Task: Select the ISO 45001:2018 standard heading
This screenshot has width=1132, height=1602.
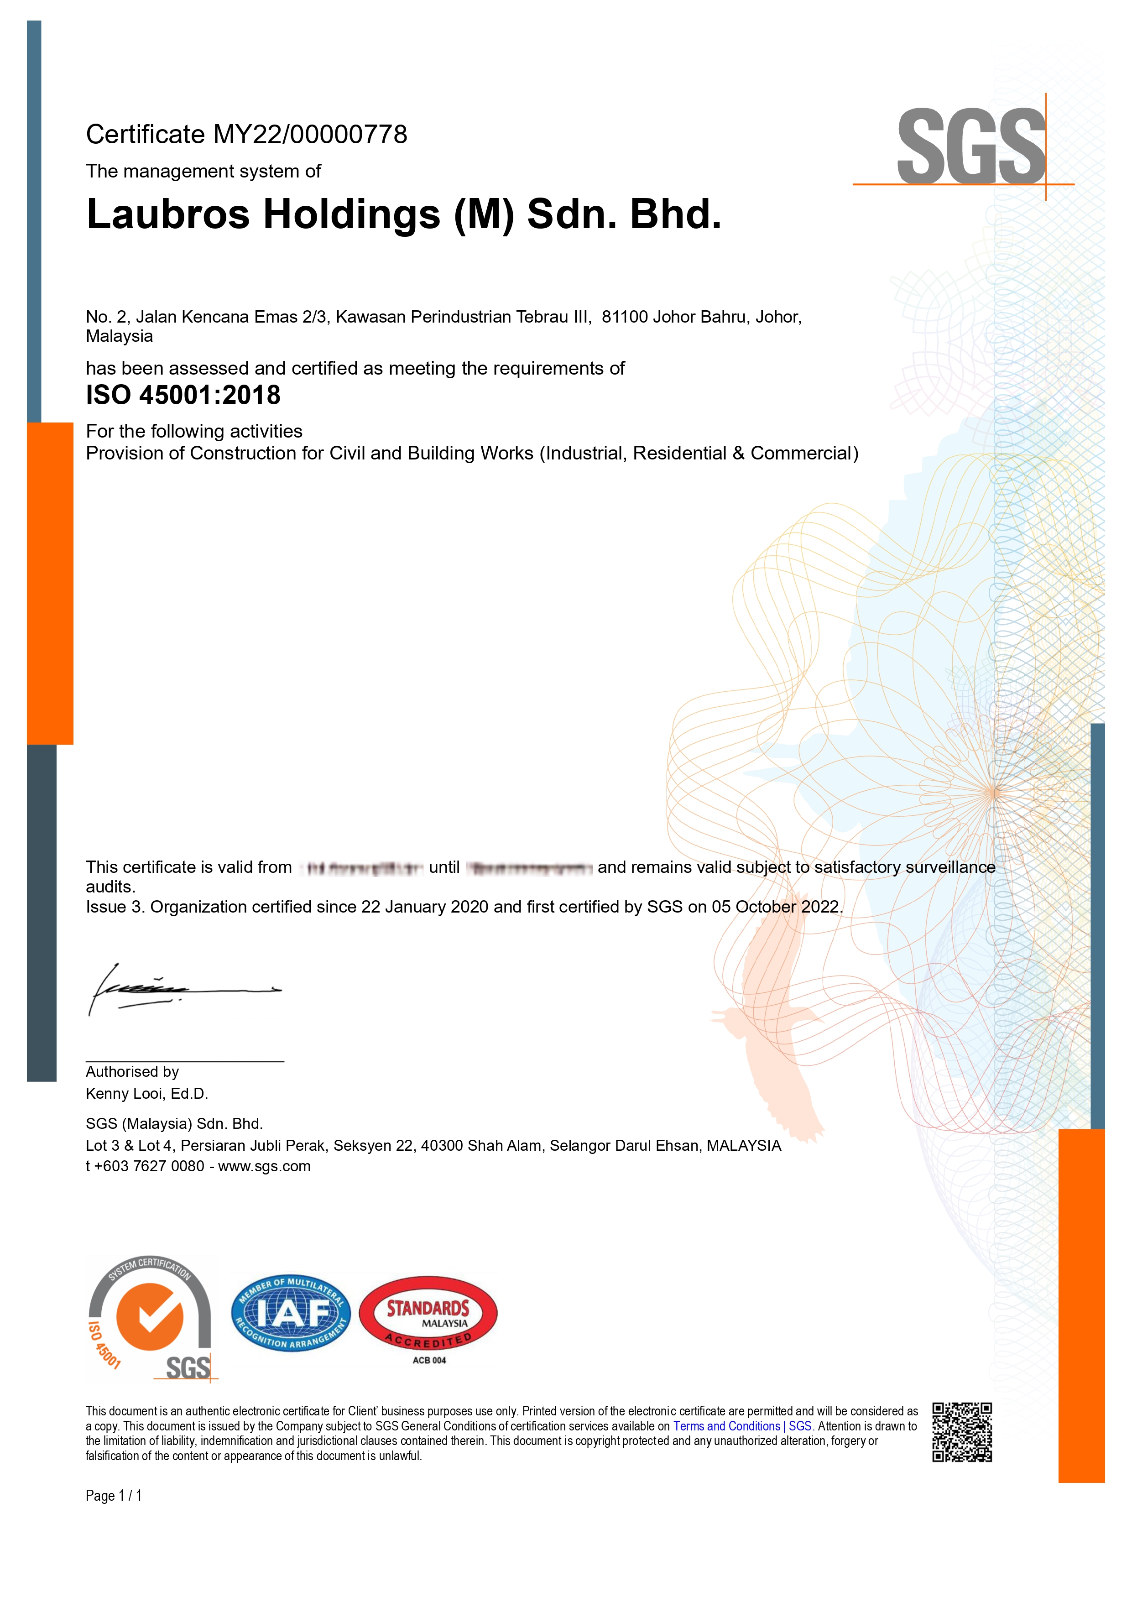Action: pyautogui.click(x=183, y=396)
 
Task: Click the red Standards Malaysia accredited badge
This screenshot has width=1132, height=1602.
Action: pyautogui.click(x=428, y=1314)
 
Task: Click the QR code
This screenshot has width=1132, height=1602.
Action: pyautogui.click(x=962, y=1432)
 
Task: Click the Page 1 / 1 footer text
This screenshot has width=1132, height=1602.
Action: pyautogui.click(x=114, y=1495)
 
